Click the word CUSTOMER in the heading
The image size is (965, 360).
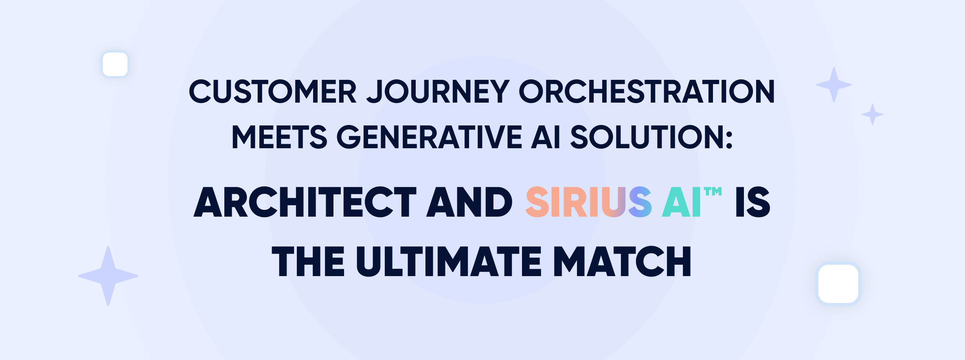tap(273, 91)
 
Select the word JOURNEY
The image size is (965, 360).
tap(438, 91)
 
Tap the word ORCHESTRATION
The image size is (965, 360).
tap(647, 91)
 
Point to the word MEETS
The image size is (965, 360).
tap(279, 137)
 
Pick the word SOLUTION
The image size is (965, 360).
tap(646, 137)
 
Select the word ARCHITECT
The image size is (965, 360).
tap(305, 202)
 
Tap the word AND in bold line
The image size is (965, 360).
tap(469, 202)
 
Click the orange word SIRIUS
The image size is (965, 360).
tap(589, 202)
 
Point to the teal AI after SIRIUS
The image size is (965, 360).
tap(681, 202)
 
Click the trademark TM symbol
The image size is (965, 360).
tap(713, 191)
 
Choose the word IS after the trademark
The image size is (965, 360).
tap(753, 202)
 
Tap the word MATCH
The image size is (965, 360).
tap(622, 261)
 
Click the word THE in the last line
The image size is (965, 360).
tap(308, 261)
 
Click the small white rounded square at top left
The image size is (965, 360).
tap(115, 64)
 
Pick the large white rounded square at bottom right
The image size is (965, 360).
tap(838, 284)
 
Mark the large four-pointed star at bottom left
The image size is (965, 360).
tap(108, 276)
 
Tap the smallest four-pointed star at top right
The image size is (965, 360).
tap(873, 114)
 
